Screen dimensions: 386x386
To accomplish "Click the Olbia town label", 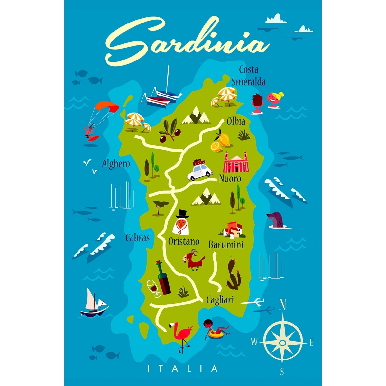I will (236, 122).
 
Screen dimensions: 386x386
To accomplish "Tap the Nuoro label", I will (230, 179).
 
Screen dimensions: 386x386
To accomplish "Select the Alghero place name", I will (116, 164).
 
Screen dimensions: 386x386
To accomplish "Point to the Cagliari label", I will (220, 300).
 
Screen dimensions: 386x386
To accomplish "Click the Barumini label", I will (226, 245).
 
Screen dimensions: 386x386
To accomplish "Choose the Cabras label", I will (138, 238).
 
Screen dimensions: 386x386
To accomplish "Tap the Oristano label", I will (184, 242).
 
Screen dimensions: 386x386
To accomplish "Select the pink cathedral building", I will (236, 162).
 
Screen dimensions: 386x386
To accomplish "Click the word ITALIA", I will (182, 368).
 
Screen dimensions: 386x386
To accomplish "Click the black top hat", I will (182, 213).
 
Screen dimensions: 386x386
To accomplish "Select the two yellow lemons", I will (221, 142).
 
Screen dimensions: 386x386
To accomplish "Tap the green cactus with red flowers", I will (233, 274).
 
